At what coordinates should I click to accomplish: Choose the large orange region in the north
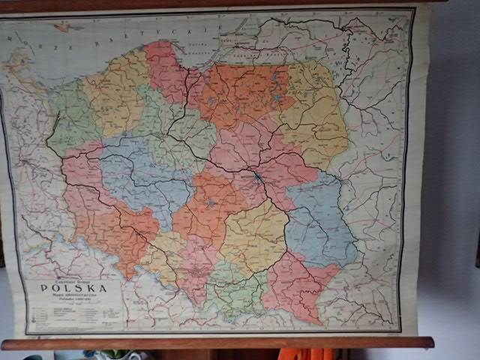click(240, 94)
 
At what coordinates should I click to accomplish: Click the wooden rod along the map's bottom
click(217, 343)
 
